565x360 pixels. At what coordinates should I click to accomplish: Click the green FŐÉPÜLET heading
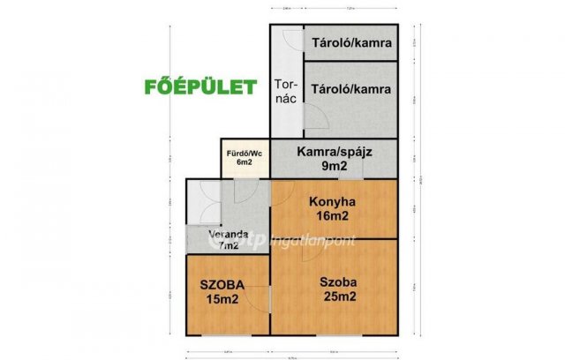(200, 86)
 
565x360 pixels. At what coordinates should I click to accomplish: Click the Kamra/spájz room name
(334, 152)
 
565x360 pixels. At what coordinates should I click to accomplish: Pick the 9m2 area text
(334, 166)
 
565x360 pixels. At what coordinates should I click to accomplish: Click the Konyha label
(331, 201)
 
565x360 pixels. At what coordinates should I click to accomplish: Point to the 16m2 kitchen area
(331, 216)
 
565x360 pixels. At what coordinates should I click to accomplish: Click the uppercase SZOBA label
(222, 284)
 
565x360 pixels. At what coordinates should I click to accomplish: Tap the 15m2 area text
(222, 299)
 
